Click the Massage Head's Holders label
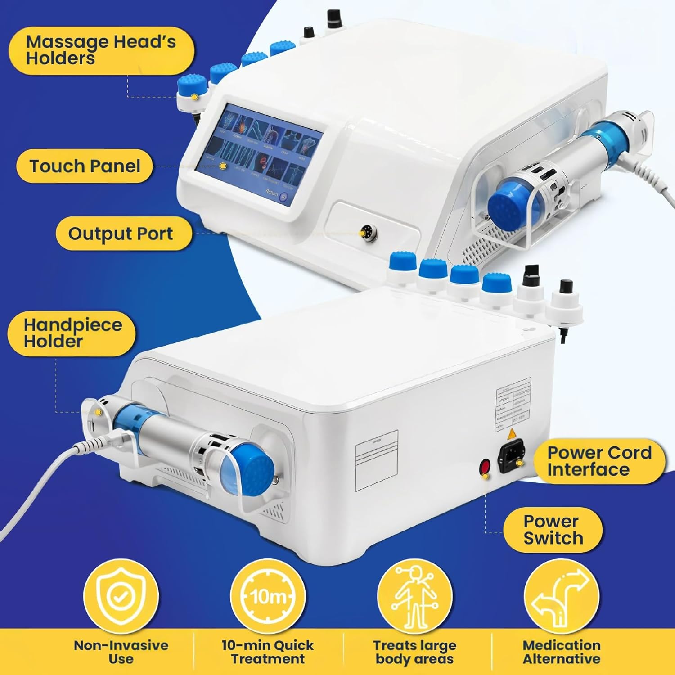point(101,50)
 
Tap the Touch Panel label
point(85,166)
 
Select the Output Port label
point(121,234)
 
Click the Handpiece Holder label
point(72,333)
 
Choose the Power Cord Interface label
point(599,461)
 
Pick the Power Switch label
point(553,530)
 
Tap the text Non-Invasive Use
point(121,652)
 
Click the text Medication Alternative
point(561,652)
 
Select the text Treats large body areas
point(414,652)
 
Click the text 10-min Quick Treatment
point(268,652)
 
